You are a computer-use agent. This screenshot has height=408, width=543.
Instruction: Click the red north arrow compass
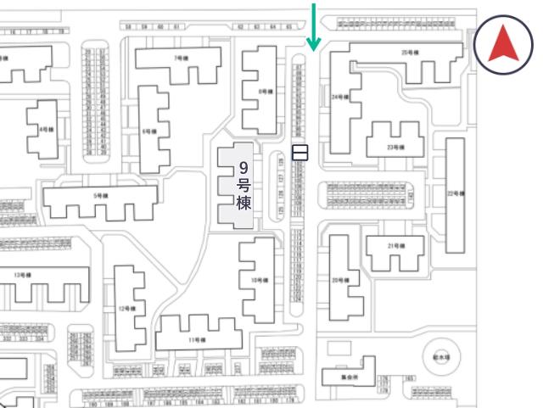click(x=503, y=45)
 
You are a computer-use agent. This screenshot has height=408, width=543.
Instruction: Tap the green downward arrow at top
click(x=315, y=25)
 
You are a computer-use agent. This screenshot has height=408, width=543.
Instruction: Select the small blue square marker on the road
click(x=299, y=153)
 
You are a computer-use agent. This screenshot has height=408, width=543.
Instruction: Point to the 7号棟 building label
click(x=180, y=59)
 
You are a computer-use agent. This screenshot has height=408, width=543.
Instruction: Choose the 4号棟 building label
click(x=45, y=130)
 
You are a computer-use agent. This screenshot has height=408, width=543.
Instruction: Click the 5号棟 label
click(x=100, y=196)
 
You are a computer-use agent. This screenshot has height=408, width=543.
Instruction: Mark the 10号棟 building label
click(x=258, y=280)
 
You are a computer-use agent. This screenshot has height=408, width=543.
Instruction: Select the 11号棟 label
click(x=197, y=339)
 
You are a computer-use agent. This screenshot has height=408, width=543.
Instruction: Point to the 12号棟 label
click(x=126, y=308)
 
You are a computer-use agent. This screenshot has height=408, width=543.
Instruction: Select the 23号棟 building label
click(x=394, y=148)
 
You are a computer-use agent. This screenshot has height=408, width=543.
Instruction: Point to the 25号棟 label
click(x=410, y=53)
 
